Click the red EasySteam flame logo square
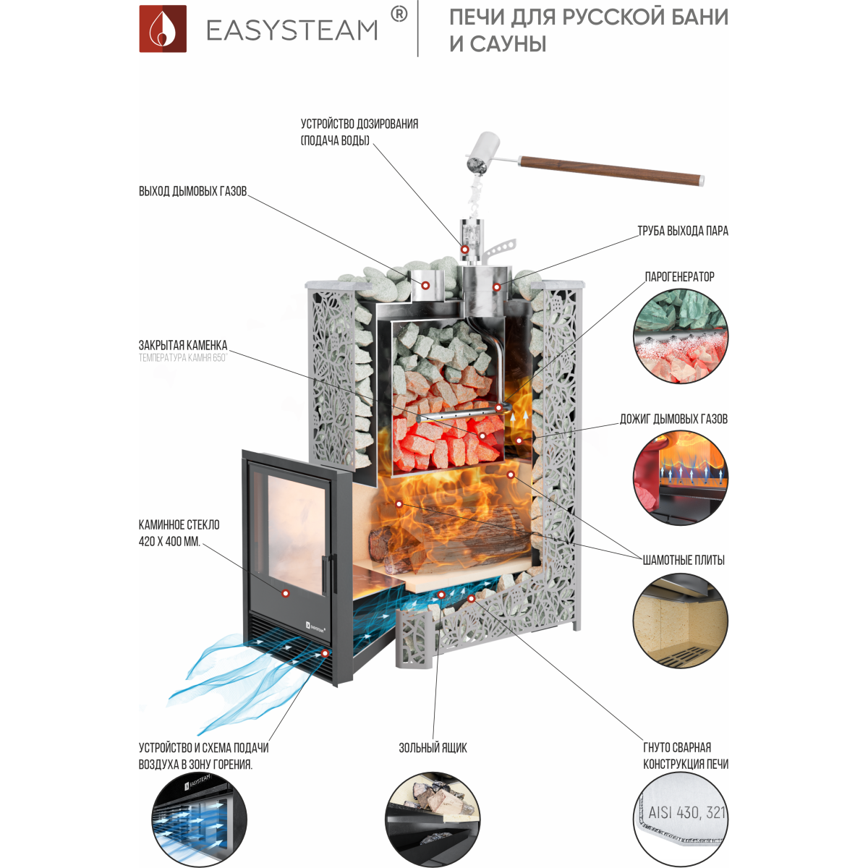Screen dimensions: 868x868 pyautogui.click(x=163, y=29)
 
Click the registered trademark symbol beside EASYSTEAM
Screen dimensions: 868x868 pyautogui.click(x=399, y=15)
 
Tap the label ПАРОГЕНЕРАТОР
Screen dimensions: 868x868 pyautogui.click(x=679, y=276)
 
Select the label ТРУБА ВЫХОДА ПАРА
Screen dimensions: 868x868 pyautogui.click(x=682, y=231)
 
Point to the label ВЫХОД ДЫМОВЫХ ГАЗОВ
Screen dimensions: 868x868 pyautogui.click(x=193, y=191)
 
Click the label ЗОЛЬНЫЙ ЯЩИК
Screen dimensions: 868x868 pyautogui.click(x=433, y=748)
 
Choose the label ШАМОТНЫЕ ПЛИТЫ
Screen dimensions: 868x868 pyautogui.click(x=684, y=561)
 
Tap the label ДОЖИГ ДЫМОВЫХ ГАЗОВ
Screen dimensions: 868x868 pyautogui.click(x=673, y=419)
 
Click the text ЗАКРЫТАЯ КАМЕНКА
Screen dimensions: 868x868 pyautogui.click(x=183, y=346)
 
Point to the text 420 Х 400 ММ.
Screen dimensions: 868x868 pyautogui.click(x=169, y=542)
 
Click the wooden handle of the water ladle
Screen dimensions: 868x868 pyautogui.click(x=611, y=171)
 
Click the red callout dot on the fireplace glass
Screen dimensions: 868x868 pyautogui.click(x=285, y=593)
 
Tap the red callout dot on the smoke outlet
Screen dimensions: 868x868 pyautogui.click(x=425, y=285)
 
